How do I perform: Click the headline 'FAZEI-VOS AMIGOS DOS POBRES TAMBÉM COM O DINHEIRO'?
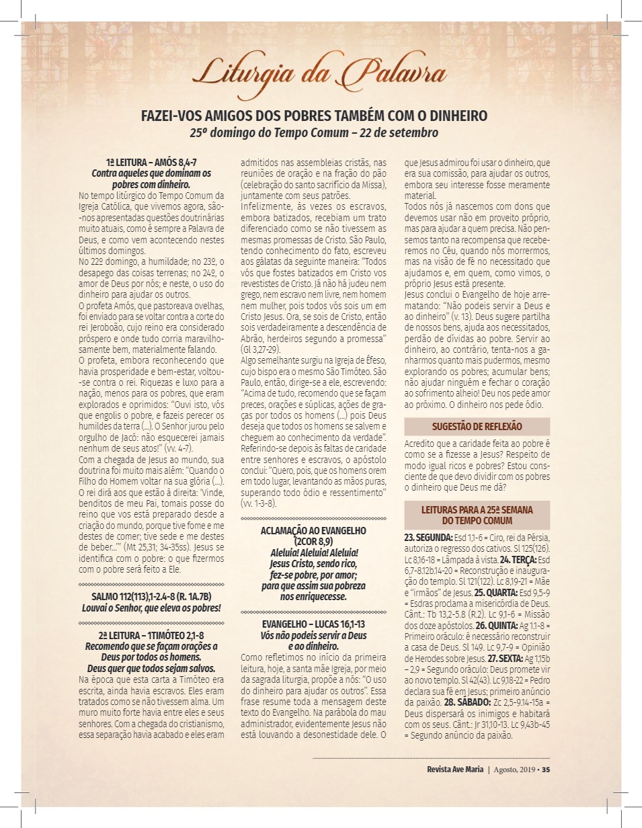pos(314,115)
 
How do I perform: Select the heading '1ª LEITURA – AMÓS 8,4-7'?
pos(151,163)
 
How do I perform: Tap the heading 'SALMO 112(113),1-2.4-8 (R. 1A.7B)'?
pos(151,597)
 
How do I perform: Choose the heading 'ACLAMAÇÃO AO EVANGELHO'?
pos(313,530)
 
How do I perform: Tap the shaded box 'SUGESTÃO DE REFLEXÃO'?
pos(477,426)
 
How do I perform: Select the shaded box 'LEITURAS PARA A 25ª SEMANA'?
pos(477,510)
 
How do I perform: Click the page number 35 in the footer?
pos(546,770)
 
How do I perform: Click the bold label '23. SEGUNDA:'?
pos(428,538)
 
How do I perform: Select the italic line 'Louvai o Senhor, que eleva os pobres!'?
pos(151,608)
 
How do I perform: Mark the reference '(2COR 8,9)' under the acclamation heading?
pos(313,541)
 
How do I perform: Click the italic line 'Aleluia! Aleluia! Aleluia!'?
pos(313,552)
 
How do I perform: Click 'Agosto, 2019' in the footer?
pos(514,770)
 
